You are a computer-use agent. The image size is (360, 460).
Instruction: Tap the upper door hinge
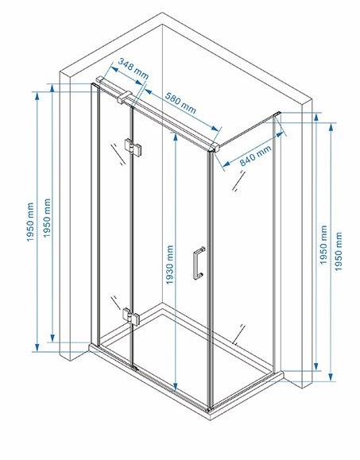point(134,147)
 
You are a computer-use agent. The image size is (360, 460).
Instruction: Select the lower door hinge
point(131,316)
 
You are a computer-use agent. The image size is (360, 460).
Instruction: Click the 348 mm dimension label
point(134,68)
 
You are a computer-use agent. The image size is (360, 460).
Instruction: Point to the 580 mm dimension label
point(180,102)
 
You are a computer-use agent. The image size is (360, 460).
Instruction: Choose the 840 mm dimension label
point(256,156)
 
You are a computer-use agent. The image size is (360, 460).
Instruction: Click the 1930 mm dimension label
point(169,265)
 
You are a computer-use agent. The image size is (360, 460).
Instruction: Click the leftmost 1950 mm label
point(30,222)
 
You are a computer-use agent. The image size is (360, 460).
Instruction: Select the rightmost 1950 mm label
point(339,251)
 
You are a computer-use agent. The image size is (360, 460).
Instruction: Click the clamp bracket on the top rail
point(125,98)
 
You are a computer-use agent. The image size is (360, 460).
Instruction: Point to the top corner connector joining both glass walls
point(215,147)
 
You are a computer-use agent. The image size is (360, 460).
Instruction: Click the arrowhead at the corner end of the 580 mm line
point(215,128)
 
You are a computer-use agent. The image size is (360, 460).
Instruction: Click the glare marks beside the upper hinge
point(118,154)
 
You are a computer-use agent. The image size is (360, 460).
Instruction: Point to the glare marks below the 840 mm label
point(238,181)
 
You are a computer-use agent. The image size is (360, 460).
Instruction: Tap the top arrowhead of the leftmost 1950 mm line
point(37,96)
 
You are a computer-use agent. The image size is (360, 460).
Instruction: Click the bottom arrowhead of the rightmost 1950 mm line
point(331,377)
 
